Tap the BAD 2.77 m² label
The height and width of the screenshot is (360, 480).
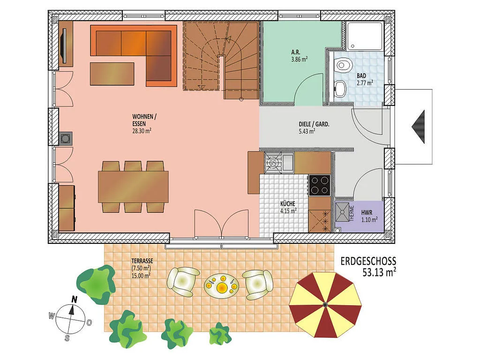[365, 79]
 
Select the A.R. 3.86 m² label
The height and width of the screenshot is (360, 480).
[300, 56]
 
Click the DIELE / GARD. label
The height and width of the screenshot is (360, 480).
[314, 127]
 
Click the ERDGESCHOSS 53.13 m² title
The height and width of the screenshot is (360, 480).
[368, 266]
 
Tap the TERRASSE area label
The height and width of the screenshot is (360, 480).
[142, 268]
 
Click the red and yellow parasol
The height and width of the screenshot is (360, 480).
[325, 305]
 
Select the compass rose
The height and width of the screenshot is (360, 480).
[71, 319]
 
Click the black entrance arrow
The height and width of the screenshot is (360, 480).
[418, 127]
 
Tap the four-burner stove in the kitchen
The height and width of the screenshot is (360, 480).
[319, 185]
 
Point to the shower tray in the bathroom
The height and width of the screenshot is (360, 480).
[365, 36]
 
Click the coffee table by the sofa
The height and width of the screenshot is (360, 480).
[112, 74]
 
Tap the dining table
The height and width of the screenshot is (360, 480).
[133, 187]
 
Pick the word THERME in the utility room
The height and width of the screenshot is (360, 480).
[352, 213]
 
